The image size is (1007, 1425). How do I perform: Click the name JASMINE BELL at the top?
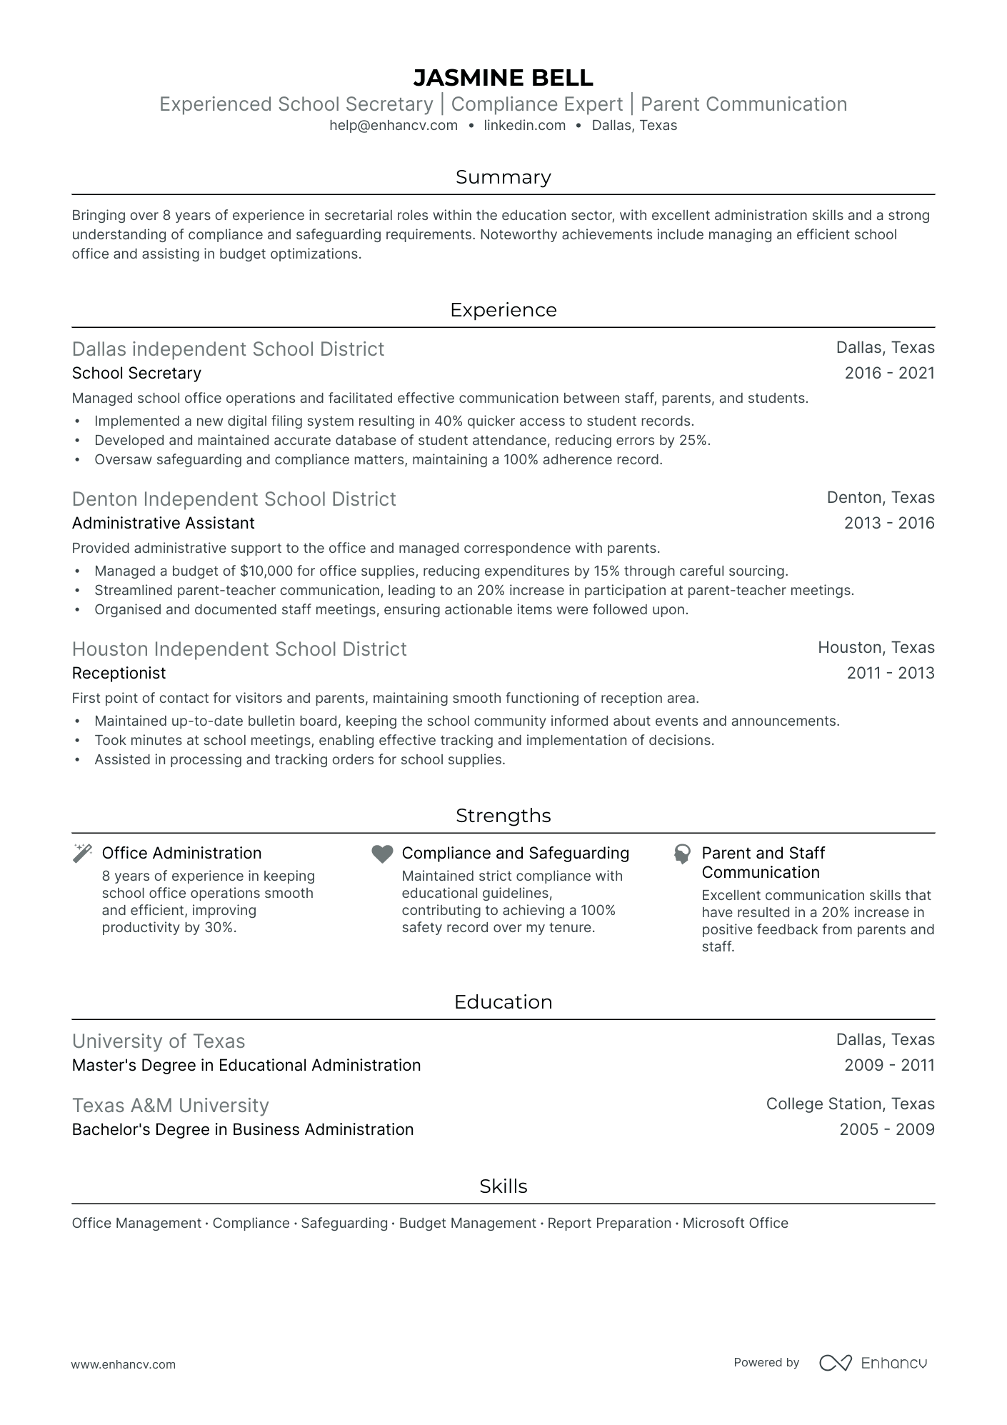503,77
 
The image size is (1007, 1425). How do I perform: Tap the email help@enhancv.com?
394,126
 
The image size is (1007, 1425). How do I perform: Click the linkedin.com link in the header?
524,126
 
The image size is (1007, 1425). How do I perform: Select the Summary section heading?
503,177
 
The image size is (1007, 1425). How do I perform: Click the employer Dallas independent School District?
228,349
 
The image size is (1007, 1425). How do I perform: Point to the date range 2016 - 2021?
889,373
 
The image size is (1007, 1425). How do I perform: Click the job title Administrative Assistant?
163,524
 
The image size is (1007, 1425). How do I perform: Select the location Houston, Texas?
876,648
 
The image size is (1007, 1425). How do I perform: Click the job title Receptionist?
119,674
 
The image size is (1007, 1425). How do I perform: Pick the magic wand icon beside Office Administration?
83,854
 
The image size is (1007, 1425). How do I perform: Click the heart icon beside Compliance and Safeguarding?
383,854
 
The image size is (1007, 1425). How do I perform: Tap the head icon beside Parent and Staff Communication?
683,854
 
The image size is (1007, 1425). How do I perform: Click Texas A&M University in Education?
170,1106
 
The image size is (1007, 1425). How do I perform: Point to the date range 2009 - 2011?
889,1066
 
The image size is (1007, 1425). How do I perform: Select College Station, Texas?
850,1104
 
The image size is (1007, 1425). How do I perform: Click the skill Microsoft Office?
735,1224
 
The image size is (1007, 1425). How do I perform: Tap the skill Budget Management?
467,1224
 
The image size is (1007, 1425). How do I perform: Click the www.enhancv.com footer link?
124,1364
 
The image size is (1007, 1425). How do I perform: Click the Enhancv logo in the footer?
873,1363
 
